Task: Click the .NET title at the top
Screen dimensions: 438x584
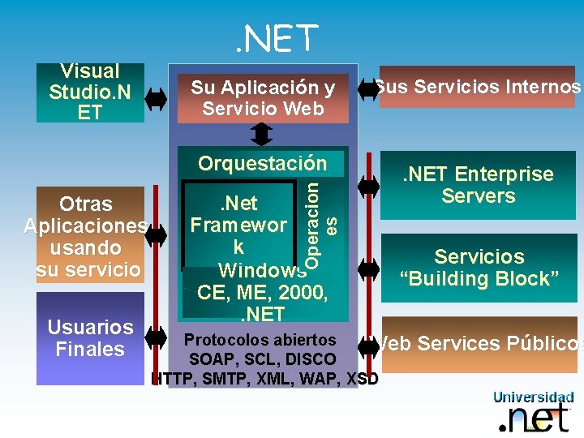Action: coord(277,38)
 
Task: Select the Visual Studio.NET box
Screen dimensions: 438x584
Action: coord(89,92)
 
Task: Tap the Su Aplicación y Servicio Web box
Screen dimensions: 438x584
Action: coord(263,98)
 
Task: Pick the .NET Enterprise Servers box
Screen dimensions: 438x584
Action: coord(479,185)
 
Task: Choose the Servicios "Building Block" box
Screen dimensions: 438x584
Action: coord(479,268)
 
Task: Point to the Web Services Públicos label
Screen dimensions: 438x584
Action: coord(479,344)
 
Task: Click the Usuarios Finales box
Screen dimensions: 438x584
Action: coord(90,338)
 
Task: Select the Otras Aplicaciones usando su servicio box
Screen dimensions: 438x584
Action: coord(85,235)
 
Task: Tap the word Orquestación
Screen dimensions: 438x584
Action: coord(262,163)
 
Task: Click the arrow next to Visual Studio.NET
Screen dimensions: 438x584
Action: coord(156,98)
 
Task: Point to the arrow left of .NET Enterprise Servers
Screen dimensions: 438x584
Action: coord(368,185)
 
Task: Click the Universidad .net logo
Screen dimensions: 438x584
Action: coord(533,412)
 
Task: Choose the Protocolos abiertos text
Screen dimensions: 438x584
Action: coord(260,339)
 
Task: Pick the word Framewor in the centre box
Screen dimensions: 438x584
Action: coord(238,224)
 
